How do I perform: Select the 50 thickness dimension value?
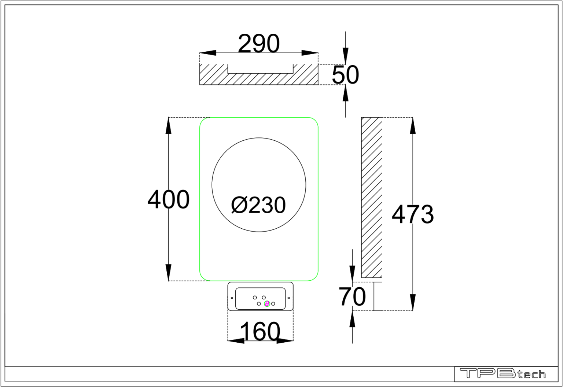[x=345, y=75]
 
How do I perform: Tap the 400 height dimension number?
[x=168, y=200]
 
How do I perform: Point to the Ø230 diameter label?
[x=258, y=205]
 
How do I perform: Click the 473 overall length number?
[x=413, y=214]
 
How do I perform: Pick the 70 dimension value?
[x=352, y=297]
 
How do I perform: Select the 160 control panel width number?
[x=260, y=332]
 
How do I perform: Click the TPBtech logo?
[x=503, y=374]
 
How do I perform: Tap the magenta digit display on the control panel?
[x=267, y=304]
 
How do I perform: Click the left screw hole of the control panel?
[x=232, y=298]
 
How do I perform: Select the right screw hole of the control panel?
[x=289, y=298]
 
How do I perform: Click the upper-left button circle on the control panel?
[x=255, y=298]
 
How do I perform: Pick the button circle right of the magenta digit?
[x=273, y=304]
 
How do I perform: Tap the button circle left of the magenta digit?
[x=259, y=304]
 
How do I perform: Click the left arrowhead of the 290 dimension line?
[x=207, y=53]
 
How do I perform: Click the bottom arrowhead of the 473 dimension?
[x=413, y=303]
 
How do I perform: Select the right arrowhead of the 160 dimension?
[x=285, y=341]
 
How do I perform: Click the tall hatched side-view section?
[x=372, y=198]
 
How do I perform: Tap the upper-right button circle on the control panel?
[x=264, y=298]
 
